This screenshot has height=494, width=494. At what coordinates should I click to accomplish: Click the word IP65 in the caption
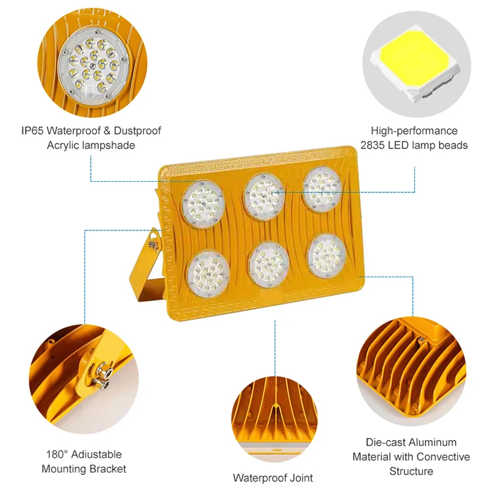point(34,131)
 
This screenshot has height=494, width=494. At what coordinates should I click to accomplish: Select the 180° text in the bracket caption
point(57,454)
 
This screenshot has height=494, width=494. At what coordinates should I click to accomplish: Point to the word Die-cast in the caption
point(385,443)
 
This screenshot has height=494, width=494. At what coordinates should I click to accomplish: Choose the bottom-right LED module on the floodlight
point(327,254)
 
